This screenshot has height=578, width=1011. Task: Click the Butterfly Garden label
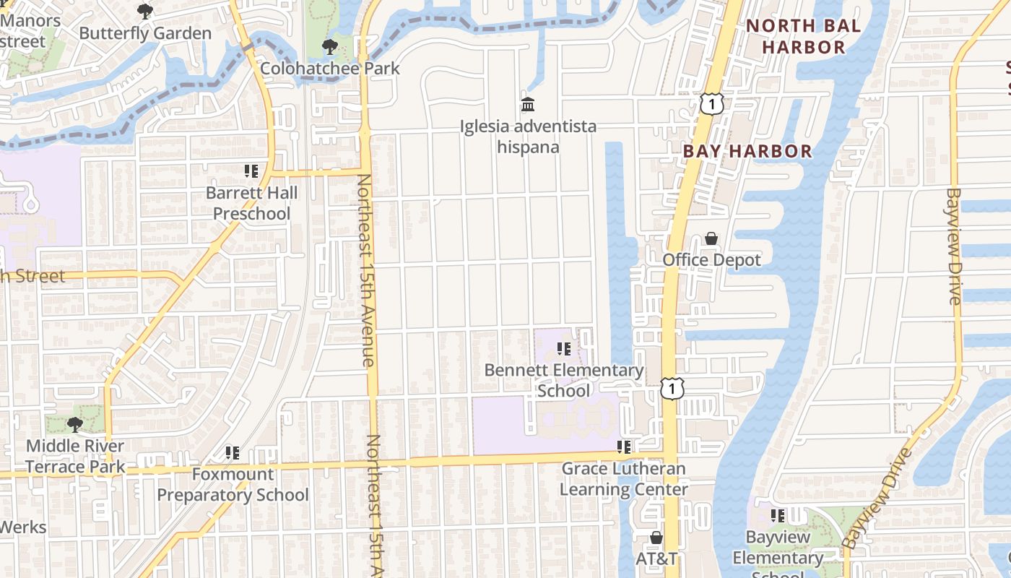pos(145,33)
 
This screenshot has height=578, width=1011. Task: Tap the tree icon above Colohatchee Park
pos(330,48)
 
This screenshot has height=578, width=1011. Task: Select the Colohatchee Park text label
pos(330,69)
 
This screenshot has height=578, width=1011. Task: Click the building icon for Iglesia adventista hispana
pos(528,105)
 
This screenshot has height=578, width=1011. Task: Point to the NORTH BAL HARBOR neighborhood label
pos(804,37)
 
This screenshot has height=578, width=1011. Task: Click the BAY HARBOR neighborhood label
pos(747,151)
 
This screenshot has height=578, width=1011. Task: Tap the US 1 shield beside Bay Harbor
pos(711,104)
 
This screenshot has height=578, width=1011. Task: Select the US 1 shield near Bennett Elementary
pos(672,388)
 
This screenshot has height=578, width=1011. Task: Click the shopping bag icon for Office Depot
pos(711,238)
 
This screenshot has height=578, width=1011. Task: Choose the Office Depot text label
pos(711,260)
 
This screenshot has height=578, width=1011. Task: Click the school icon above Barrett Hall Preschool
pos(251,171)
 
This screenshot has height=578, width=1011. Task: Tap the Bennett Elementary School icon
pos(564,349)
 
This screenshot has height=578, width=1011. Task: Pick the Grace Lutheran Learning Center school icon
pos(624,447)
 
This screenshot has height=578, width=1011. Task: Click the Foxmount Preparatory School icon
pos(232,453)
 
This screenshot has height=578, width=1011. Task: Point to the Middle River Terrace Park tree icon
pos(74,424)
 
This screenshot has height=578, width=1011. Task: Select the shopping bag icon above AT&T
pos(656,538)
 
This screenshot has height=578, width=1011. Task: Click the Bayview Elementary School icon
pos(778,516)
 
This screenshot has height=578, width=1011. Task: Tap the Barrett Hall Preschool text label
pos(251,203)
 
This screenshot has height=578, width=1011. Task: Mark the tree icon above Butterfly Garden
pos(145,12)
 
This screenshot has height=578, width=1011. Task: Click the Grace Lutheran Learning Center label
pos(624,479)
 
